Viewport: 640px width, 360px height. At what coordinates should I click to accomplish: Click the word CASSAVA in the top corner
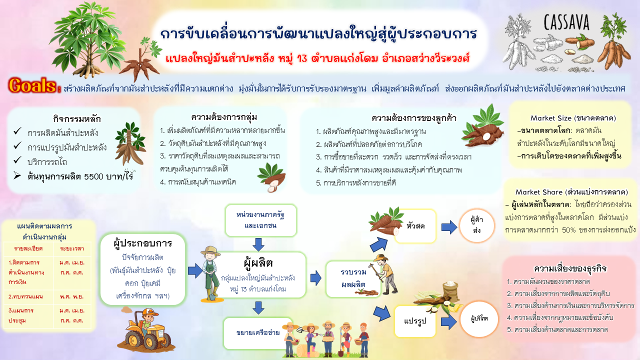[x=566, y=22]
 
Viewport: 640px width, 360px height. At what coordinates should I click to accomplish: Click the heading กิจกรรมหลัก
[x=77, y=118]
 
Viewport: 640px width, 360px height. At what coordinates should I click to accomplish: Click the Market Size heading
[x=573, y=118]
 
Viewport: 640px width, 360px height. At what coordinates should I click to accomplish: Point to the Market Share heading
[x=571, y=192]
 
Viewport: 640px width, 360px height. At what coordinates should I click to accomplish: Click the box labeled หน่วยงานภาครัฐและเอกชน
[x=260, y=220]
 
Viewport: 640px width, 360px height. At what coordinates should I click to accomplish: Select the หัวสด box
[x=415, y=226]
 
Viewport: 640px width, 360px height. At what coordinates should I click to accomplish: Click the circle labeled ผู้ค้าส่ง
[x=477, y=225]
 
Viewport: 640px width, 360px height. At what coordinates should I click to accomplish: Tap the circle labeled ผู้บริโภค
[x=479, y=319]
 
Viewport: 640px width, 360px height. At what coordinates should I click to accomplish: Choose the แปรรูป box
[x=415, y=321]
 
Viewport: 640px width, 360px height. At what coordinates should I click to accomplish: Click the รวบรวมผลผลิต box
[x=353, y=278]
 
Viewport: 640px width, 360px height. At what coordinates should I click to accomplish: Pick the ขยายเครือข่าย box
[x=258, y=333]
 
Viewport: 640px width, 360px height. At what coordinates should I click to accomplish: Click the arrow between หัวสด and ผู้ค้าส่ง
[x=449, y=227]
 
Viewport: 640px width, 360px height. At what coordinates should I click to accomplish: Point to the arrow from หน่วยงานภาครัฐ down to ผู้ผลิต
[x=258, y=244]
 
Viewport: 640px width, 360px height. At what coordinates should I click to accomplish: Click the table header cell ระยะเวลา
[x=72, y=248]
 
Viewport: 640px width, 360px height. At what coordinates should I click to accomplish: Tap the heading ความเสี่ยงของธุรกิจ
[x=570, y=268]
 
